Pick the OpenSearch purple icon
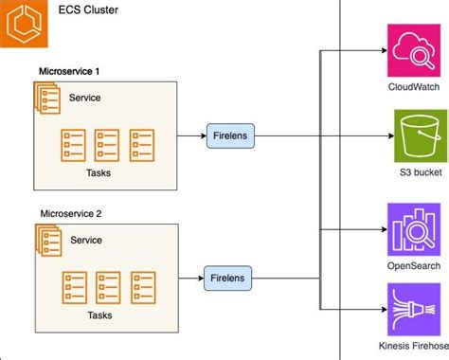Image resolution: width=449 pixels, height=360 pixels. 414,228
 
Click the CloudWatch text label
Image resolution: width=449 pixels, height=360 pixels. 414,88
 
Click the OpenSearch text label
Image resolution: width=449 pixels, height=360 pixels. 414,266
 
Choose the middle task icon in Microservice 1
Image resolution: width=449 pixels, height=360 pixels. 107,144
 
